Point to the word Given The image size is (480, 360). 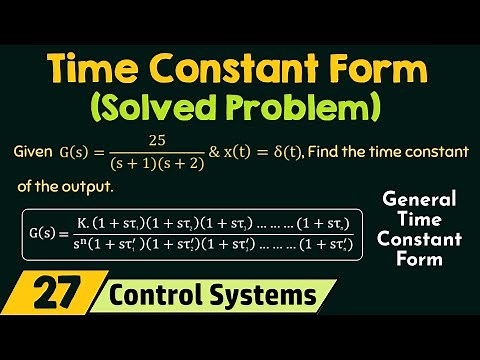pyautogui.click(x=37, y=151)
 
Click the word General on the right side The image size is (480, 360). pyautogui.click(x=418, y=198)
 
